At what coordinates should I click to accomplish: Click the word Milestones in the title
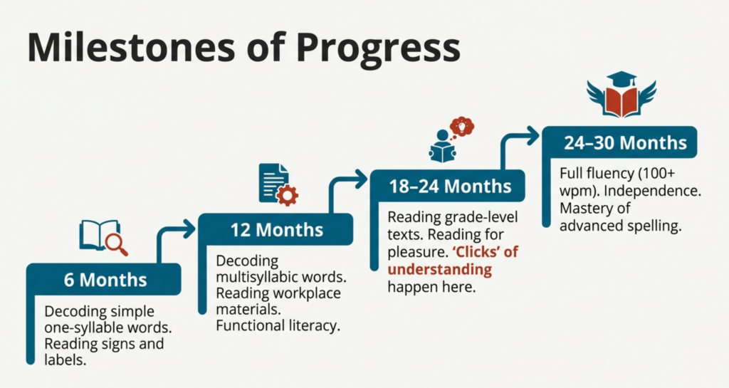tap(132, 47)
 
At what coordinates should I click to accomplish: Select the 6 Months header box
tap(104, 279)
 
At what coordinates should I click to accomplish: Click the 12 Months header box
tap(276, 229)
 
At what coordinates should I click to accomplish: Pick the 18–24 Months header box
tap(449, 186)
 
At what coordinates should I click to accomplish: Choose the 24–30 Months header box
tap(620, 142)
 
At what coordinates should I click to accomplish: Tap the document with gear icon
tap(278, 184)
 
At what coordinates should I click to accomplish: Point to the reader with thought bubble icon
tap(451, 140)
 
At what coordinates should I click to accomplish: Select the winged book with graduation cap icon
tap(622, 94)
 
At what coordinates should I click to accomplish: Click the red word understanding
tap(439, 270)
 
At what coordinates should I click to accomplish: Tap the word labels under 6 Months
tap(65, 360)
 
